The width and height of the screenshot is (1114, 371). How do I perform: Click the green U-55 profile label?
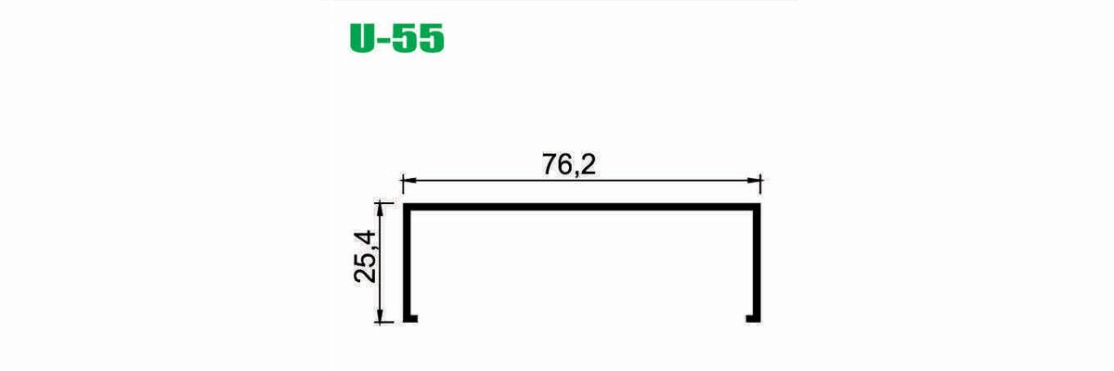397,38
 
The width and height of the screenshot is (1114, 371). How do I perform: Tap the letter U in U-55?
362,38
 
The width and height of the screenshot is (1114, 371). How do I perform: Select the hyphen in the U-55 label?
384,40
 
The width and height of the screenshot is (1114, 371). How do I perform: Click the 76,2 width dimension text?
568,164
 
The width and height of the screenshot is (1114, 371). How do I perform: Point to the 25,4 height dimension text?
366,257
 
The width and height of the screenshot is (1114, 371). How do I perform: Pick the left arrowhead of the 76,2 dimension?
408,180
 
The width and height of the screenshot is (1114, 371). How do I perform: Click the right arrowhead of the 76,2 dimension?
754,180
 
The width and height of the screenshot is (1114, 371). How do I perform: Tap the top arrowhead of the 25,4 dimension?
381,209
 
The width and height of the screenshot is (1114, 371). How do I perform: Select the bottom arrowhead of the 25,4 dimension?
381,316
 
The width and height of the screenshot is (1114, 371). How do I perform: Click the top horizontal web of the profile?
581,207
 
